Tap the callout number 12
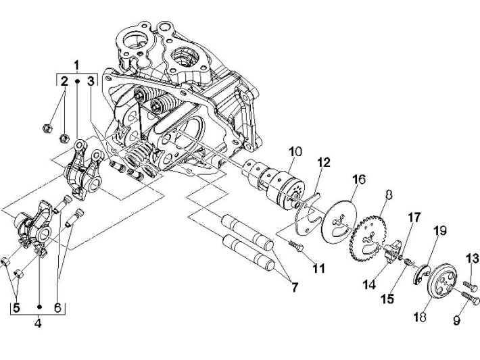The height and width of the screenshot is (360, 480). [x=324, y=162]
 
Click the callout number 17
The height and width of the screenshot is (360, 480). [x=414, y=217]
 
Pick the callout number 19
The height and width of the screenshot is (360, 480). [x=440, y=231]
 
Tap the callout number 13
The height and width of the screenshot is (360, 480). [x=473, y=259]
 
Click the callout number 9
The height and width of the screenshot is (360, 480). [x=456, y=321]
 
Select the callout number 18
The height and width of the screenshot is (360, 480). [x=420, y=316]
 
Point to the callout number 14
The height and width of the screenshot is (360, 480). [x=368, y=284]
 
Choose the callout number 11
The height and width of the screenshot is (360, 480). [x=318, y=268]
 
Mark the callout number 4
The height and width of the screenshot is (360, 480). [x=38, y=324]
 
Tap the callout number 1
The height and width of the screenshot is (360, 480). [x=76, y=66]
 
